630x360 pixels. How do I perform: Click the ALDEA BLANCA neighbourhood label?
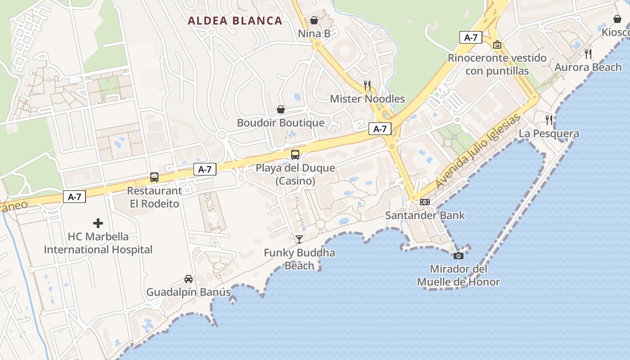pyautogui.click(x=235, y=21)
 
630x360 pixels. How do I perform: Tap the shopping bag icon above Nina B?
pyautogui.click(x=314, y=20)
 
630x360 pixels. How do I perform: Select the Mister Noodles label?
pyautogui.click(x=367, y=99)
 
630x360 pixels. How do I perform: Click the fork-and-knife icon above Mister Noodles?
pyautogui.click(x=367, y=85)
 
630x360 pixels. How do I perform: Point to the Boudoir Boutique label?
pyautogui.click(x=281, y=123)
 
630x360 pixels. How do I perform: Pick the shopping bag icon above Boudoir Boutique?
pyautogui.click(x=281, y=109)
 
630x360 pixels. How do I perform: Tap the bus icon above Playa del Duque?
pyautogui.click(x=295, y=155)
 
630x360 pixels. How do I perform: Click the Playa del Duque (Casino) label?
pyautogui.click(x=295, y=175)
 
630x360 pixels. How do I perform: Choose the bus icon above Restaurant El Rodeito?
pyautogui.click(x=154, y=177)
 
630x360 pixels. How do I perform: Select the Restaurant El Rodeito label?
pyautogui.click(x=154, y=197)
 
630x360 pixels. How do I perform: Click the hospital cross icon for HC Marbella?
pyautogui.click(x=98, y=223)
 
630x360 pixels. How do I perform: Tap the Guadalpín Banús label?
pyautogui.click(x=189, y=292)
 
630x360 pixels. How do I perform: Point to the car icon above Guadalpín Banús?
pyautogui.click(x=189, y=279)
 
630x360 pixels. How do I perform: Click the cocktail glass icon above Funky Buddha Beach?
pyautogui.click(x=299, y=239)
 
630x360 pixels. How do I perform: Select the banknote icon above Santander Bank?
pyautogui.click(x=425, y=202)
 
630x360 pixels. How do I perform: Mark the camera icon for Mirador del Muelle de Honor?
pyautogui.click(x=459, y=256)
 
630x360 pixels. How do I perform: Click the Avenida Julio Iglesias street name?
pyautogui.click(x=478, y=152)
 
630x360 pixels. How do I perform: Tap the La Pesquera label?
pyautogui.click(x=549, y=134)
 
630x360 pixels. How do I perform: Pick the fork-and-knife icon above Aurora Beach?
pyautogui.click(x=588, y=54)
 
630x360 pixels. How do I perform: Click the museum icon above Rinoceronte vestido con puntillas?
pyautogui.click(x=497, y=45)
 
